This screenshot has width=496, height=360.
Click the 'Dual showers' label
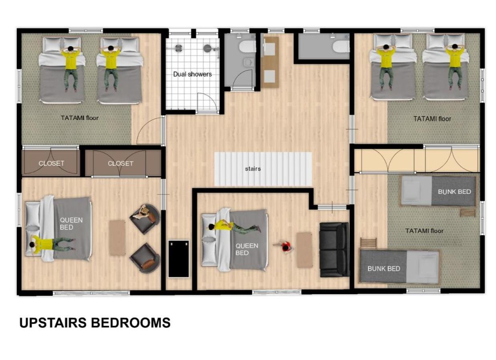point(192,74)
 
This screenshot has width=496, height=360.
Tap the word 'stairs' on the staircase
point(253,169)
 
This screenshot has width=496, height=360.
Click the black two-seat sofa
point(334,250)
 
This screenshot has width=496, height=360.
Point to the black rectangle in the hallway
point(178,258)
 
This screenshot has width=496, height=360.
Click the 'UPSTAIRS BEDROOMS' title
point(95,323)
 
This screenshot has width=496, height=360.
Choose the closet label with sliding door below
point(120,164)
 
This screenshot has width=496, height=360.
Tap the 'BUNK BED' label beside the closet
point(454,192)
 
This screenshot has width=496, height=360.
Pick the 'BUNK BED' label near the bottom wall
point(384,268)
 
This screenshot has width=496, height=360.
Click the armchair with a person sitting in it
point(145,219)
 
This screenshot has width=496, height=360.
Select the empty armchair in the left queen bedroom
point(145,258)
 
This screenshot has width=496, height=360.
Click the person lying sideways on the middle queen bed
point(234,228)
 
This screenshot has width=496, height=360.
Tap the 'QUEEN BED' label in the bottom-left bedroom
point(71,224)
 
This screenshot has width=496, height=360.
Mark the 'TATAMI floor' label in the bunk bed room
point(424,231)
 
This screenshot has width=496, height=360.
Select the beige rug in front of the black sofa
point(304,250)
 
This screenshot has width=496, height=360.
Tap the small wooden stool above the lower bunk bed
point(368,242)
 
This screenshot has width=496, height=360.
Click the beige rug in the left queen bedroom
point(117,238)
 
